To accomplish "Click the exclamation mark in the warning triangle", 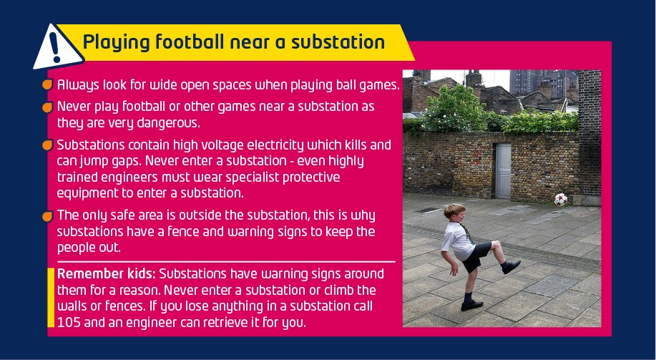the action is pyautogui.click(x=55, y=47).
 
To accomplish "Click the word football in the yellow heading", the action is pyautogui.click(x=190, y=42).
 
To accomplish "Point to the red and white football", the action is pyautogui.click(x=561, y=199).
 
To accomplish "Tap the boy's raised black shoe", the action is pyautogui.click(x=511, y=266).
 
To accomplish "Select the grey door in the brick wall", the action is pyautogui.click(x=503, y=171).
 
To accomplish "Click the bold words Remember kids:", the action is pyautogui.click(x=107, y=274).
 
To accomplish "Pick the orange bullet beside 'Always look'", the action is pyautogui.click(x=47, y=85).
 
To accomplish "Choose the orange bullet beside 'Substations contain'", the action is pyautogui.click(x=47, y=145).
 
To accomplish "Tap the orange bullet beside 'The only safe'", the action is pyautogui.click(x=47, y=216).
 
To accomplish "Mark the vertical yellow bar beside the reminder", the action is pyautogui.click(x=51, y=298).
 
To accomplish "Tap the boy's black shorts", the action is pyautogui.click(x=476, y=256).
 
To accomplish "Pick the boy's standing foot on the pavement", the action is pyautogui.click(x=471, y=305).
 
